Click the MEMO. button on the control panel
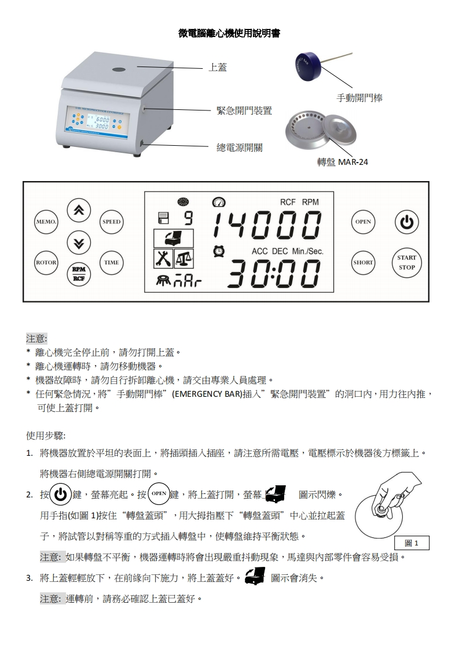coord(46,222)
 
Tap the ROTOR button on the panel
coord(46,263)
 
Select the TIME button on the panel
coord(112,263)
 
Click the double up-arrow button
coord(79,210)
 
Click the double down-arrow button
coord(79,242)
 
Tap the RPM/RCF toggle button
coord(79,274)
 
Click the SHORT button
coord(363,263)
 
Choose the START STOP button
coord(406,263)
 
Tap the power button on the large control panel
coord(406,222)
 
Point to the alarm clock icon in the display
coord(219,251)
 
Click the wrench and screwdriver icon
coord(163,259)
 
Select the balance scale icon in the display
coord(183,259)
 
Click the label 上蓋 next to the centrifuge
coord(218,67)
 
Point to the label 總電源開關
coord(240,147)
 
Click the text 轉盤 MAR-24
coord(343,162)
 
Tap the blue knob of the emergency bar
coord(308,66)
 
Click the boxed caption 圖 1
coord(412,543)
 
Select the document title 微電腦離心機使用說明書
coord(229,34)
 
